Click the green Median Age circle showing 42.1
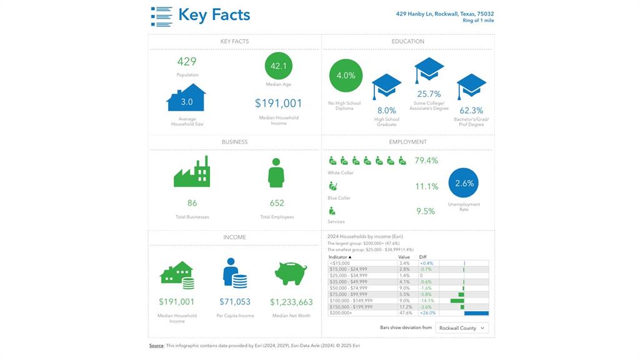pos(278,66)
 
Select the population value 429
pos(186,61)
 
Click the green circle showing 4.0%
pos(346,76)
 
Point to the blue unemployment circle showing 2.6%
pos(464,184)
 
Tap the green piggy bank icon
pos(291,274)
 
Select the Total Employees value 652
pos(277,202)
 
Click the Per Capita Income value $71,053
pos(234,302)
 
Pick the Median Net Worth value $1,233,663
pos(291,302)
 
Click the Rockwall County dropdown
pos(462,327)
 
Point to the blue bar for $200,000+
pos(476,313)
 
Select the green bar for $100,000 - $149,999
pos(457,301)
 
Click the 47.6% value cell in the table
pos(404,313)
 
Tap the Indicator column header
pos(340,257)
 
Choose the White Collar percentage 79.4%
pos(426,161)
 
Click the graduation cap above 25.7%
pos(429,70)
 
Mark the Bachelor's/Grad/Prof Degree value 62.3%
pos(471,111)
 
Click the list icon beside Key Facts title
pos(161,16)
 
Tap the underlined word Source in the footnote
pos(156,346)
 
